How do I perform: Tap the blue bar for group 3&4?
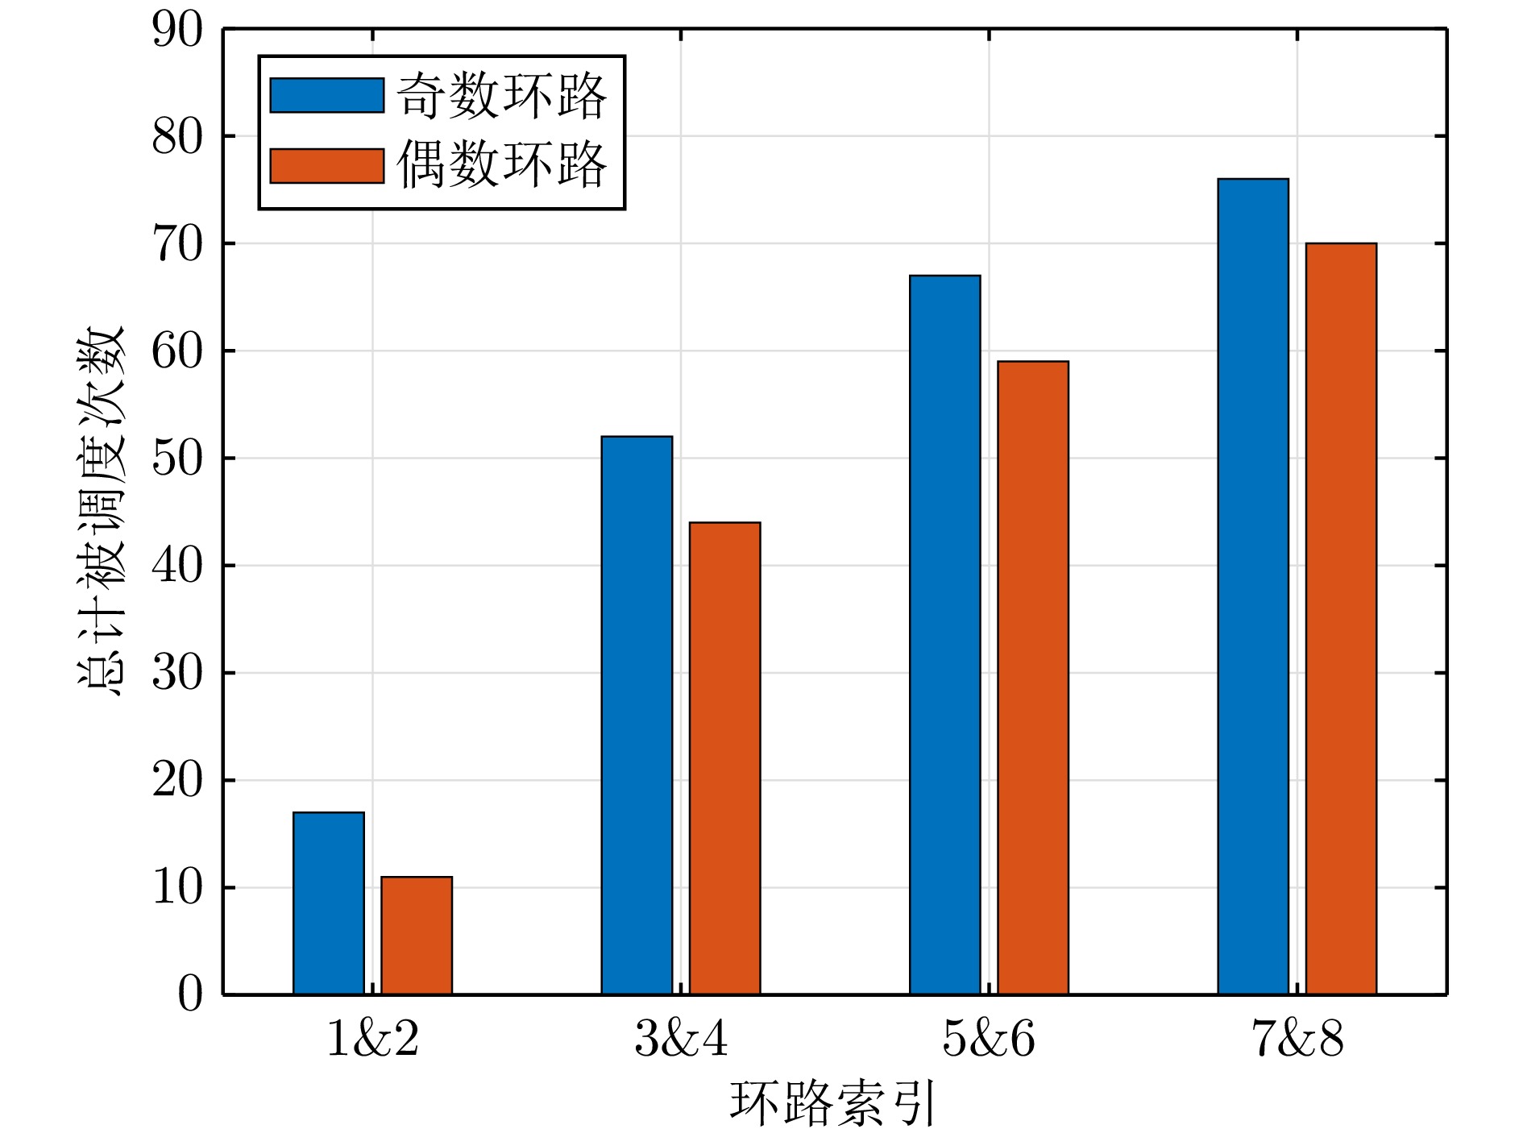tap(637, 715)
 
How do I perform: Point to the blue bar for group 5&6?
tap(944, 634)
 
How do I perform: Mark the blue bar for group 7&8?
tap(1252, 586)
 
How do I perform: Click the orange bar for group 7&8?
tap(1341, 618)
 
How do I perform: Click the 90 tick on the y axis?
tap(177, 31)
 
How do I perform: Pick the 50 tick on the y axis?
tap(177, 459)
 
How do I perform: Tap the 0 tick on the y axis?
tap(190, 994)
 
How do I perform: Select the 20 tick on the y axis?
tap(177, 780)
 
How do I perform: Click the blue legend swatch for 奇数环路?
tap(326, 95)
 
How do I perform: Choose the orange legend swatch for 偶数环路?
tap(326, 166)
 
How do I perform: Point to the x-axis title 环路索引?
tap(833, 1102)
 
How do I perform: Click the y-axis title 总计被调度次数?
tap(102, 511)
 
